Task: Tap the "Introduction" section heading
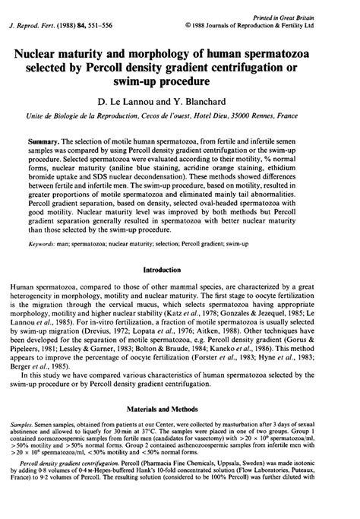click(x=179, y=269)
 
